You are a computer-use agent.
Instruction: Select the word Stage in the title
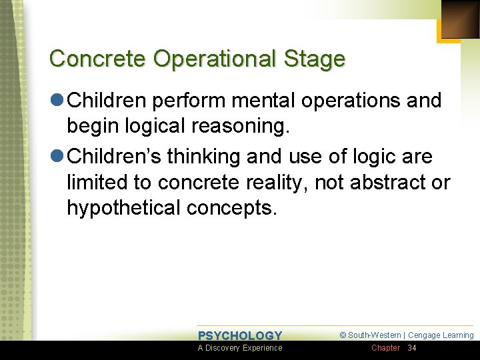(315, 59)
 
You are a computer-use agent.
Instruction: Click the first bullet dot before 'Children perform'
(57, 101)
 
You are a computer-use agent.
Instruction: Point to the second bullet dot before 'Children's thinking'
(57, 157)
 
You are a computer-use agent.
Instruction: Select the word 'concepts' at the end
(231, 208)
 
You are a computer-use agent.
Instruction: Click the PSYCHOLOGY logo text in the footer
(240, 335)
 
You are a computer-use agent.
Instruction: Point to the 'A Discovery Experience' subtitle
(240, 348)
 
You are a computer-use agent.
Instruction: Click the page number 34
(411, 348)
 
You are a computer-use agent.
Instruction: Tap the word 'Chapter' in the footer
(385, 348)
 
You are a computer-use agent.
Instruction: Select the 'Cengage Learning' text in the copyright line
(441, 335)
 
